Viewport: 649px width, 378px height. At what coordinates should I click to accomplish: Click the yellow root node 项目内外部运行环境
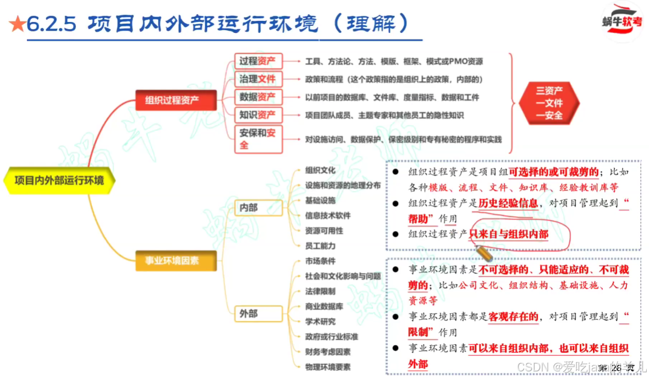click(59, 180)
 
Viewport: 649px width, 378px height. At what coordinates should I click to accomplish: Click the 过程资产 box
click(258, 61)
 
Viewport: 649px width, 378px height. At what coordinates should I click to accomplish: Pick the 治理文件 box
click(258, 79)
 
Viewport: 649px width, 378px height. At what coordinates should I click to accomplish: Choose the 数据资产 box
click(258, 97)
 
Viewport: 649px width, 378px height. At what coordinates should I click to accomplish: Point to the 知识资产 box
click(258, 116)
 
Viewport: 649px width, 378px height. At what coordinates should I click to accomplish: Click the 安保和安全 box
click(258, 139)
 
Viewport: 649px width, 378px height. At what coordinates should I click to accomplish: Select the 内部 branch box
click(249, 208)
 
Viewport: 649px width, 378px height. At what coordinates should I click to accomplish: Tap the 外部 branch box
click(249, 314)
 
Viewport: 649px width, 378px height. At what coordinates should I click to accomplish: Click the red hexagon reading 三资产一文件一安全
click(549, 103)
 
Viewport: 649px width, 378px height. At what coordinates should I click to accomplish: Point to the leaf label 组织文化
click(320, 171)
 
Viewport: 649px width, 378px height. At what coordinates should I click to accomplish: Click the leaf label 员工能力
click(320, 246)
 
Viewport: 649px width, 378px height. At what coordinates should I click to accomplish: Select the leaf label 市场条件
click(320, 261)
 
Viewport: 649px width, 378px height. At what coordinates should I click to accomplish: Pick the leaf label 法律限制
click(320, 291)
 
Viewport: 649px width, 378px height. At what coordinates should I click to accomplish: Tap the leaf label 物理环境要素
click(328, 366)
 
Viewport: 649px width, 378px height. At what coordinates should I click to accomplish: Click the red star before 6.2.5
click(16, 24)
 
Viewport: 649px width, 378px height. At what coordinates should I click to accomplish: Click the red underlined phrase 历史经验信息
click(508, 203)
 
